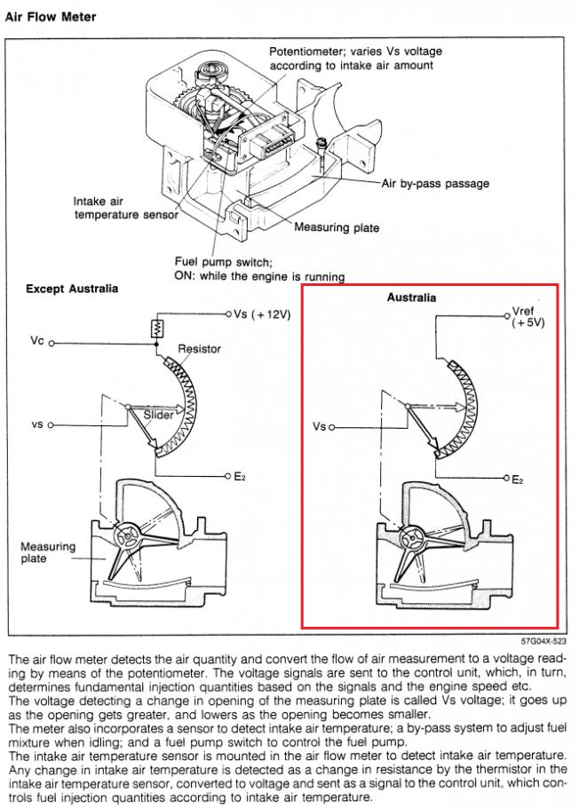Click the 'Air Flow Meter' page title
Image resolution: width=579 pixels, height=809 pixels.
51,17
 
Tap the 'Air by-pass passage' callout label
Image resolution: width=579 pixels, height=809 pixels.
435,184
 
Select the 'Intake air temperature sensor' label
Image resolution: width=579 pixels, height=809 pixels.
125,208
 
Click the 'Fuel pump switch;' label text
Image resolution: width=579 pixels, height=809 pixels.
223,262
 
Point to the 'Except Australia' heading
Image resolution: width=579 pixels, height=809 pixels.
72,289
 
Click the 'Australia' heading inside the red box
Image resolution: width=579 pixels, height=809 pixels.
411,297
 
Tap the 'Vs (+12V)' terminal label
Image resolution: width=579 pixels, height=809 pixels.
262,313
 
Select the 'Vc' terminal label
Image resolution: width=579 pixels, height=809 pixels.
37,340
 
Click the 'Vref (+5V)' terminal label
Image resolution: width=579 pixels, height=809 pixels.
527,317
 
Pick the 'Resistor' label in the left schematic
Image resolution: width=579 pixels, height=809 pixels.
199,349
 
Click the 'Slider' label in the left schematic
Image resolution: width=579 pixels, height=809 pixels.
158,415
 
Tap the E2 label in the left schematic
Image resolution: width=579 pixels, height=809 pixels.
240,476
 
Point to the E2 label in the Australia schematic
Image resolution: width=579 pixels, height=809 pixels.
517,480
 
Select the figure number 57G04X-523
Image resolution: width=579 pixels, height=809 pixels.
543,641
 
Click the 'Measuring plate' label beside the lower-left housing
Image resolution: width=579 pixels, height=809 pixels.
48,552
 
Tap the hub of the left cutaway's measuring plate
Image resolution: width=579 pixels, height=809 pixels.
126,537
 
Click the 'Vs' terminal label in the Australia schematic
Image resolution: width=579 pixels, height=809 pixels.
319,426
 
